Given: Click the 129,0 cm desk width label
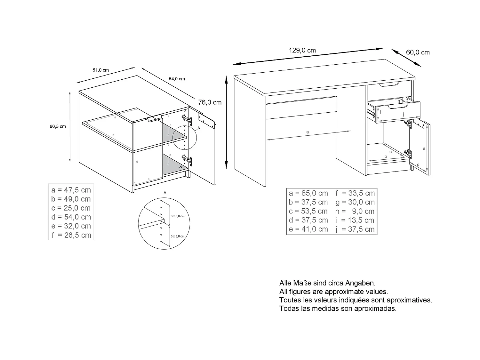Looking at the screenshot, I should coord(302,51).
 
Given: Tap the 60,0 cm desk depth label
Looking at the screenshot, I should coord(418,52).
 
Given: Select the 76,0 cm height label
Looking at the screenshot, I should coord(210,102).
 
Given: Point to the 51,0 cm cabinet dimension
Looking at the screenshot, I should coord(101,70).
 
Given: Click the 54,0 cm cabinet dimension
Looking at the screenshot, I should coord(177,79).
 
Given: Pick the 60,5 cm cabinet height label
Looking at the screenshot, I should coord(58,126).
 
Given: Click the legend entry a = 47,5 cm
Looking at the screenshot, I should coord(71,190).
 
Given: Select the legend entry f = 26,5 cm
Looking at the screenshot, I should coord(71,235).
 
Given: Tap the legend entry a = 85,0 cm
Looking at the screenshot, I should coord(308,193).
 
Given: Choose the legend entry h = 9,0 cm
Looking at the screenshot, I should coord(355,211).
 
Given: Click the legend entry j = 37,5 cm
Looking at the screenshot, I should coord(355,229).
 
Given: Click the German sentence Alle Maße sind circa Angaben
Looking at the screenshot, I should coord(327,283).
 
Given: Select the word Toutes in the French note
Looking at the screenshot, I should coord(289,300).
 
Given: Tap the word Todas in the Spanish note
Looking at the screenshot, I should coord(288,309).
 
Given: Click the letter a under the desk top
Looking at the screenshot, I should coord(308,132).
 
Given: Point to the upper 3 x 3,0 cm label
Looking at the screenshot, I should coord(178,216).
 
